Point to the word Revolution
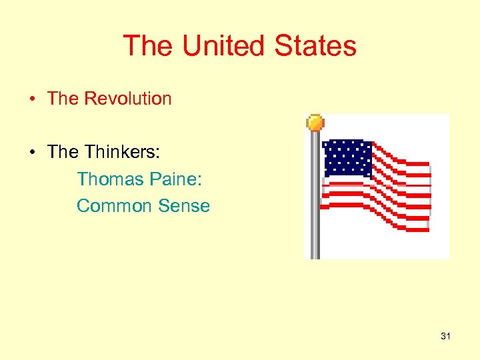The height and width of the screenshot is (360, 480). (x=127, y=99)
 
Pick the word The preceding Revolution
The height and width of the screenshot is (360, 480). (x=63, y=99)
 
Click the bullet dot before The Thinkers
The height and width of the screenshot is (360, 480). (x=32, y=153)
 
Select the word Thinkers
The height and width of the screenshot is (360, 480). (x=123, y=152)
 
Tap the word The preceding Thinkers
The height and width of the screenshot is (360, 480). (x=63, y=152)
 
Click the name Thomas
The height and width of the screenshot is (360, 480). (x=107, y=179)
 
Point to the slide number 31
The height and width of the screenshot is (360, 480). (x=445, y=337)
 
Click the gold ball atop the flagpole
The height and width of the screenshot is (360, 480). (x=315, y=123)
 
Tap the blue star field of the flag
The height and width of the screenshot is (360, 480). (x=346, y=159)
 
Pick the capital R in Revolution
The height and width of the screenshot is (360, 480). (x=89, y=99)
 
